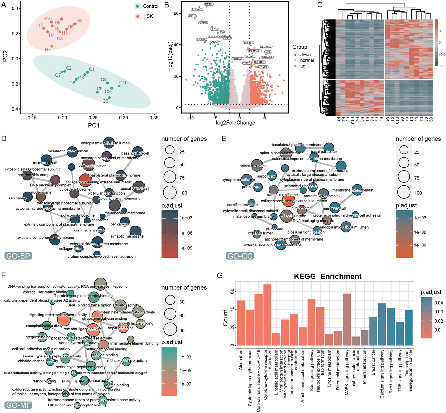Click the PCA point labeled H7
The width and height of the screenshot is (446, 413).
[x=52, y=46]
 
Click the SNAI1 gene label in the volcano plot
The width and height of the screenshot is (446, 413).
[x=209, y=4]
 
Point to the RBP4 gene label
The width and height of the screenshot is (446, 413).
[x=192, y=16]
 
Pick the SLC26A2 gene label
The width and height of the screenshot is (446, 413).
[x=266, y=47]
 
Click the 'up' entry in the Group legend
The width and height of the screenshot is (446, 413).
[x=302, y=66]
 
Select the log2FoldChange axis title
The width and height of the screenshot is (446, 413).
[x=235, y=123]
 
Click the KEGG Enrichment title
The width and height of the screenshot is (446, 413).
[x=328, y=277]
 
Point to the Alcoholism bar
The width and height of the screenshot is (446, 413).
[x=241, y=323]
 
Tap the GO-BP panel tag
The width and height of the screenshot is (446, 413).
[x=18, y=256]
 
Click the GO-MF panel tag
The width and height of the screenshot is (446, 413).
[x=18, y=405]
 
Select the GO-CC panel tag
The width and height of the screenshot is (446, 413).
[x=240, y=256]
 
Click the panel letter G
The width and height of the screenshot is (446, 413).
[x=220, y=275]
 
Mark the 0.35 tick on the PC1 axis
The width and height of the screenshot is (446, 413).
[x=154, y=118]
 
